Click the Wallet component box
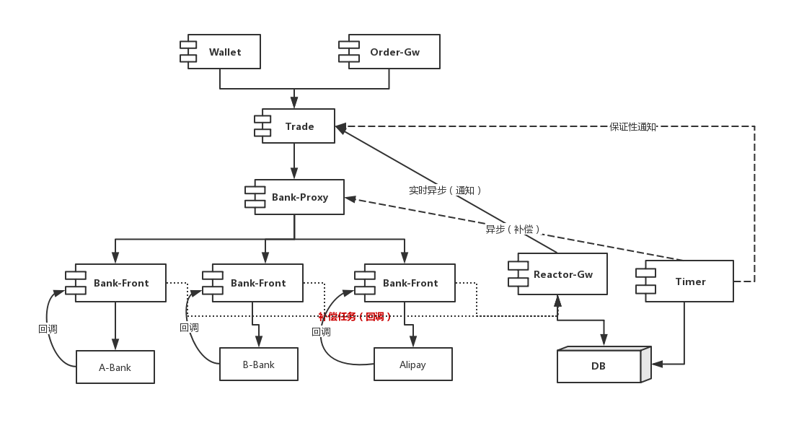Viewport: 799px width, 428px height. click(224, 52)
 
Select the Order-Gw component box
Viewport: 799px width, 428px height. click(394, 52)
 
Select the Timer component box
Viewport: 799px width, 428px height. click(689, 281)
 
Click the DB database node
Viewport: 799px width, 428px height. click(599, 366)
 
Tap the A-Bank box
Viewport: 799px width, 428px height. click(115, 367)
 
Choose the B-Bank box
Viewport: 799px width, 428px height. click(258, 364)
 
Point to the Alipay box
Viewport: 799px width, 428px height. click(412, 364)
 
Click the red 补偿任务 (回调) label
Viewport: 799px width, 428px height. click(356, 316)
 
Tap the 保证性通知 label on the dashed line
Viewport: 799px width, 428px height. click(632, 126)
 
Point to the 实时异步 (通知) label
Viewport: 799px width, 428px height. click(446, 190)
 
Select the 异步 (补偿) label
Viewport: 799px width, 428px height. click(513, 229)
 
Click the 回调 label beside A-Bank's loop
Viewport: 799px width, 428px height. click(47, 328)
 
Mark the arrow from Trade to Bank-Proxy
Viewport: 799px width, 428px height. click(294, 161)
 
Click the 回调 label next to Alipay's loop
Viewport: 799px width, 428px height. click(321, 332)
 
